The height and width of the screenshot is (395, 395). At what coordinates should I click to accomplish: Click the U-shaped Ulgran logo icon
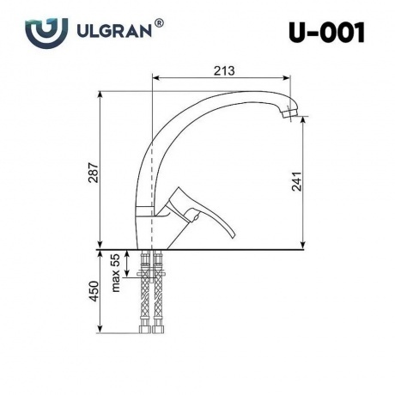46,33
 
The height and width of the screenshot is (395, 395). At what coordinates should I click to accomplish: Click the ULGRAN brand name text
114,31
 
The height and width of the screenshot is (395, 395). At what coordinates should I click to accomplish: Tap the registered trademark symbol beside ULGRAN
159,23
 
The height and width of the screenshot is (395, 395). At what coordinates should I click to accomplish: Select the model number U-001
326,33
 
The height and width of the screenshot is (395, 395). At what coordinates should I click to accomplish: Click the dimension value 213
224,70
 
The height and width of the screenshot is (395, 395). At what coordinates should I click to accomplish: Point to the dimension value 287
94,173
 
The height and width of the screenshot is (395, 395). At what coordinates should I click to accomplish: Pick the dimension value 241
297,181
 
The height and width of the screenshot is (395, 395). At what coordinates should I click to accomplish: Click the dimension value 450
94,291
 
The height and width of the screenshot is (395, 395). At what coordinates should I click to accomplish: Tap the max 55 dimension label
115,273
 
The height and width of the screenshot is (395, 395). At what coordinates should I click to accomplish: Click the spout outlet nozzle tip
289,113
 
